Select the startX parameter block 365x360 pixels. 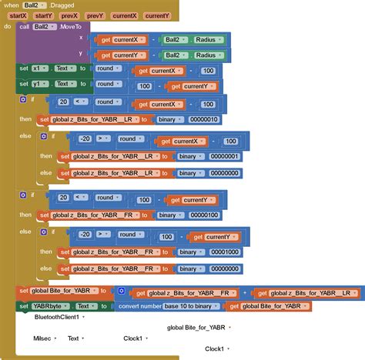(x=18, y=15)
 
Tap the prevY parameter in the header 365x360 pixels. (x=95, y=15)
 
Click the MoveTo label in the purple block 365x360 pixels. (x=71, y=26)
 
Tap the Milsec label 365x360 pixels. (x=42, y=338)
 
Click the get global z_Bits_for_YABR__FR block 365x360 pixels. (x=186, y=292)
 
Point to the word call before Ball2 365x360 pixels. (x=24, y=26)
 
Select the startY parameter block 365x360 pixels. (x=44, y=15)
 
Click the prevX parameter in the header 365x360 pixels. (x=70, y=15)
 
